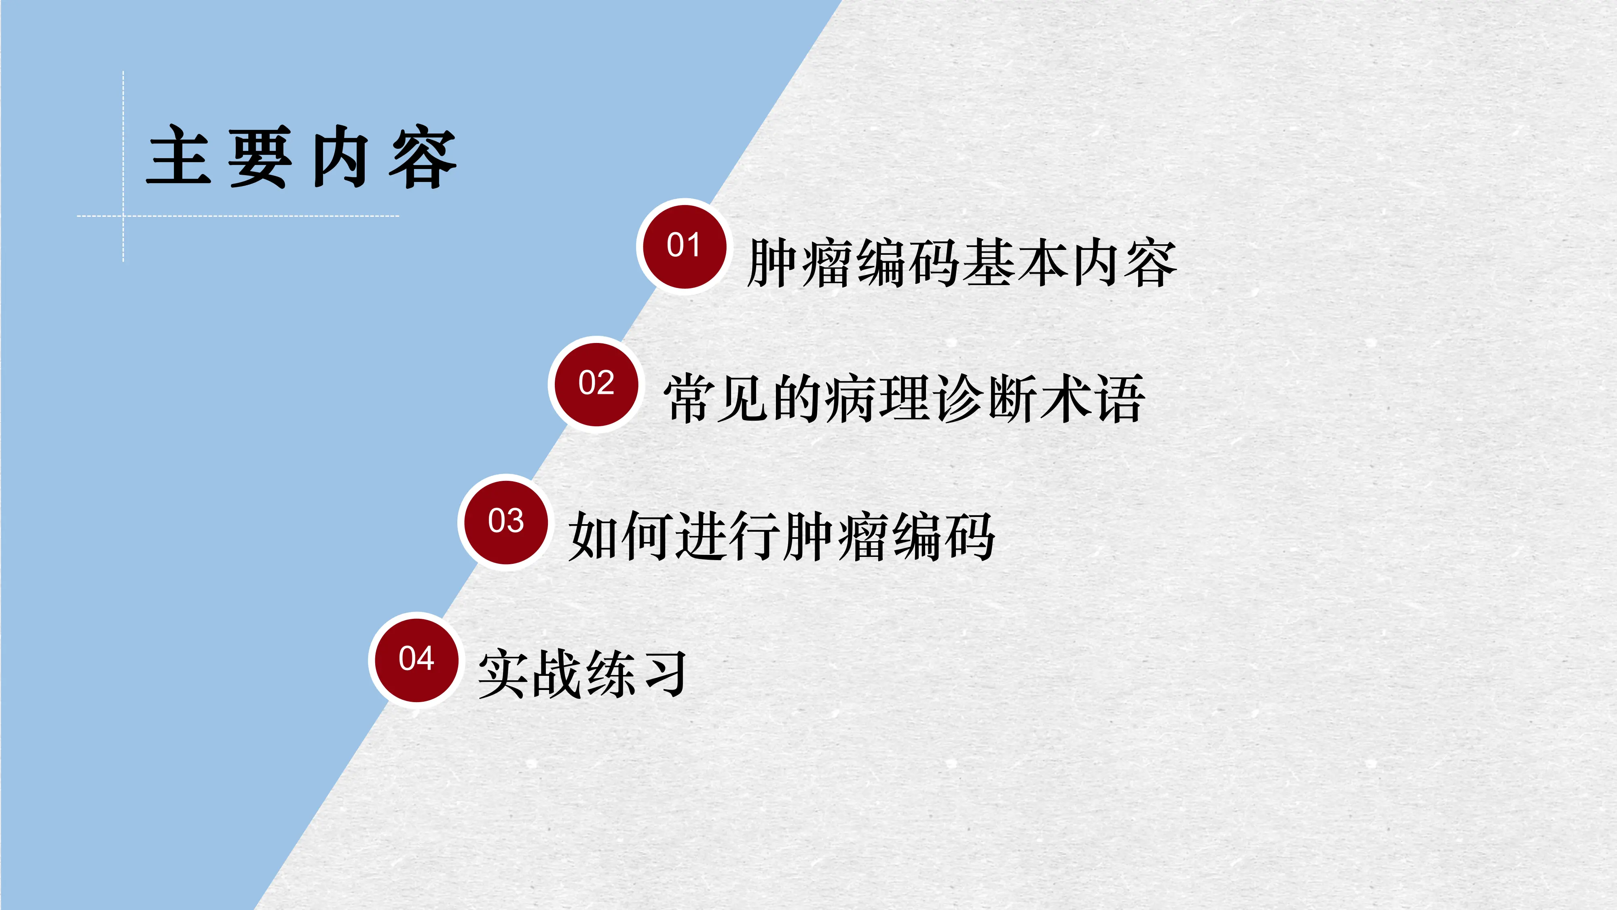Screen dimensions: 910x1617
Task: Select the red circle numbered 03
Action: click(505, 521)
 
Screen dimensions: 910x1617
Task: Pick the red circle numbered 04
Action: click(416, 659)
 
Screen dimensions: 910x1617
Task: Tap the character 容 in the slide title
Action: click(423, 157)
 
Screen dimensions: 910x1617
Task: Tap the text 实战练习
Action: click(581, 674)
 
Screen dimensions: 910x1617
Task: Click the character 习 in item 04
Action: click(664, 674)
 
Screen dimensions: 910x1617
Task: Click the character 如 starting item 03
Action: click(593, 536)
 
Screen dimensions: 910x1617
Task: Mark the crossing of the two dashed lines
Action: click(123, 216)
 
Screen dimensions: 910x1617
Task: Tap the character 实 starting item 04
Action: click(502, 674)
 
